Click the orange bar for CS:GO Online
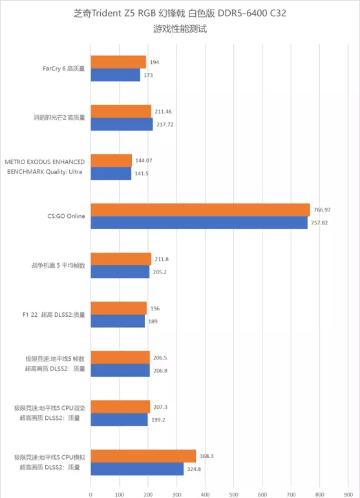200,210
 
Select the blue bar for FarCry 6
116,75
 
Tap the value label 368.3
206,456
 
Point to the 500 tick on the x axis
234,495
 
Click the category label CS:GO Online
66,216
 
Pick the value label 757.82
319,223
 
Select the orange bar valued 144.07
111,160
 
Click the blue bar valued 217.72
122,124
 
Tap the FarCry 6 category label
64,69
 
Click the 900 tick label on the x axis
348,495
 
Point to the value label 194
154,62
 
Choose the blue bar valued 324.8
137,469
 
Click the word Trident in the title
107,14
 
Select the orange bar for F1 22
119,308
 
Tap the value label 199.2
158,420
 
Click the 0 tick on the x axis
90,495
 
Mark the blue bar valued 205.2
120,272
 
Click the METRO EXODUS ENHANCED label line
45,162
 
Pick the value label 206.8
160,371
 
